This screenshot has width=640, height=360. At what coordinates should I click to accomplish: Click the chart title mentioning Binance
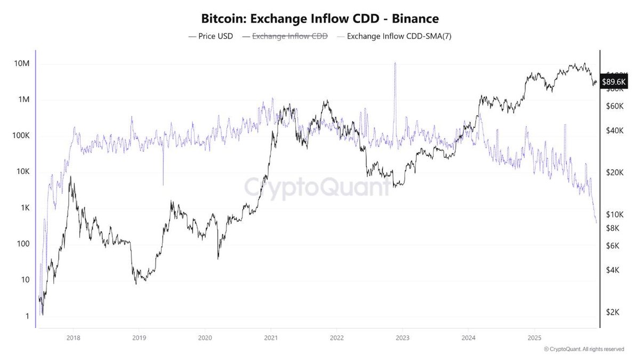tap(320, 19)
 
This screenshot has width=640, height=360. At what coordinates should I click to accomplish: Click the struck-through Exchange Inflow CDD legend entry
tap(285, 37)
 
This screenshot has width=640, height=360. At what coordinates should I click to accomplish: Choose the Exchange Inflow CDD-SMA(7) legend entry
tap(395, 37)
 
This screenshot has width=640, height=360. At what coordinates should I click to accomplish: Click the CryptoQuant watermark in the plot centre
tap(317, 188)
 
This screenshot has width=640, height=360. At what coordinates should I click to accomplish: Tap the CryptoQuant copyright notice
tap(584, 349)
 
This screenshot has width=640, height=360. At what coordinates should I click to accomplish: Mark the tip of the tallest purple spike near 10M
tap(395, 63)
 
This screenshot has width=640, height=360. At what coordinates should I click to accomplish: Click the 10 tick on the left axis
tap(22, 280)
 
